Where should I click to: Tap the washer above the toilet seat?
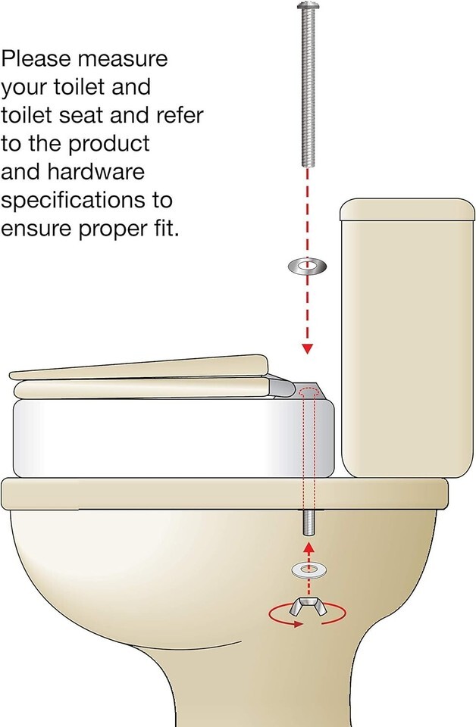(x=306, y=267)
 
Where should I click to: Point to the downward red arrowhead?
(x=307, y=348)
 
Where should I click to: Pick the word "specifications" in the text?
(x=86, y=201)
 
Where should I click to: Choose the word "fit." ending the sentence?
(x=164, y=229)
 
